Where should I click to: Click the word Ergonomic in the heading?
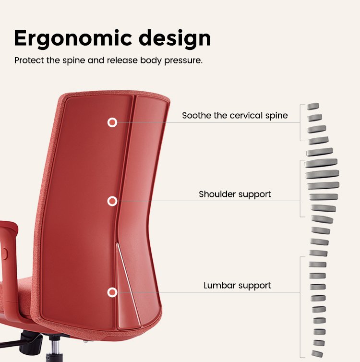click(x=72, y=38)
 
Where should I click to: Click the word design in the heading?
click(x=175, y=38)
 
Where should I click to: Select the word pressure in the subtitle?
click(x=183, y=60)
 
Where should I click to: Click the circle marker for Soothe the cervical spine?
click(x=112, y=122)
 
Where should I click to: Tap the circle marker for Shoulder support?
click(x=112, y=201)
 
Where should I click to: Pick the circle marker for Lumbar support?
click(x=112, y=292)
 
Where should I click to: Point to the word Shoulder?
click(x=217, y=194)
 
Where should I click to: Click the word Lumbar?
click(x=219, y=286)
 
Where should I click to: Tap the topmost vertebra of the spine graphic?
click(x=313, y=107)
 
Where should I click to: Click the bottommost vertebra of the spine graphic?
click(x=317, y=354)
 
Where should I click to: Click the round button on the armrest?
click(x=5, y=253)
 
